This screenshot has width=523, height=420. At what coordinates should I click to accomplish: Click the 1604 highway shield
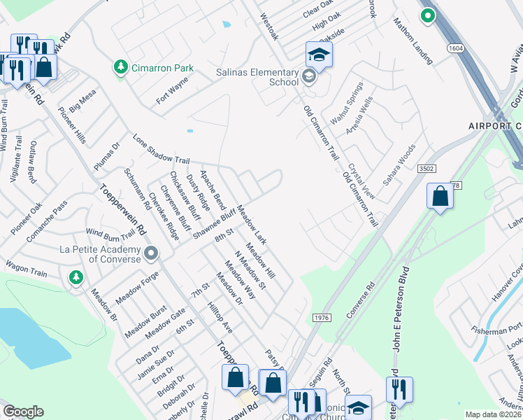pos(456,48)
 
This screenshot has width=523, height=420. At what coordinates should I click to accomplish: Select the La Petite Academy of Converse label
pos(98,253)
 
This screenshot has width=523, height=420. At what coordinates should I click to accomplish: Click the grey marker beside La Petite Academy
pos(152,253)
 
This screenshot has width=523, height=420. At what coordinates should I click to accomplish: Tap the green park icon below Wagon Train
pos(75,278)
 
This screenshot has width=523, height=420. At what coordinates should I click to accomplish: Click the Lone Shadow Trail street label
pos(162,150)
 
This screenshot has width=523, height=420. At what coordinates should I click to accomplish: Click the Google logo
pos(23,412)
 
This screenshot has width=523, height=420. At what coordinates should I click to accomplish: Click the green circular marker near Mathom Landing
pos(427,14)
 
